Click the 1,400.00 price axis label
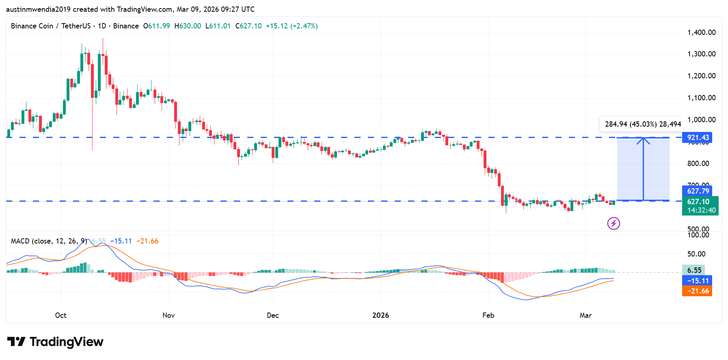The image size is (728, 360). coord(701,32)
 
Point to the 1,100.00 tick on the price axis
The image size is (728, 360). coord(701,98)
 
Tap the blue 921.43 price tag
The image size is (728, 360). coord(698,138)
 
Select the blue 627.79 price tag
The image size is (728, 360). coord(698,191)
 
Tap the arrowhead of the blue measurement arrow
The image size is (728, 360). coord(643,140)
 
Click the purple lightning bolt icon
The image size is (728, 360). coord(614,223)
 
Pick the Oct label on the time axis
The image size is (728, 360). coord(61,315)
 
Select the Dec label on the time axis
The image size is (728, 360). coord(273,315)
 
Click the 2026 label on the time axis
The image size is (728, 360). coord(380,315)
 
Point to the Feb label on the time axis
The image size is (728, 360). coord(488,315)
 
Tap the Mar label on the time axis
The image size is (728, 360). coord(585,315)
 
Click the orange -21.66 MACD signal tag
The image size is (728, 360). coord(698,291)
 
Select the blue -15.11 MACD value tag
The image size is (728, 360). coord(698,280)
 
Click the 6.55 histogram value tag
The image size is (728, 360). coord(694,270)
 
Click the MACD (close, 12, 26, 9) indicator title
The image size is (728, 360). coord(49,241)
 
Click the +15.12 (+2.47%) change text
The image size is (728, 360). coord(292,26)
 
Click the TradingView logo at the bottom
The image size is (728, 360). coord(55,342)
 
